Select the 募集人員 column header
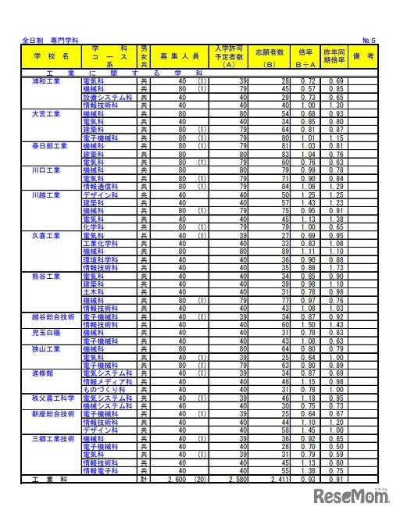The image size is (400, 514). click(180, 57)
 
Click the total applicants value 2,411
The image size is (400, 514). click(278, 478)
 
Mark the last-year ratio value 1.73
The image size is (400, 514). click(337, 268)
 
